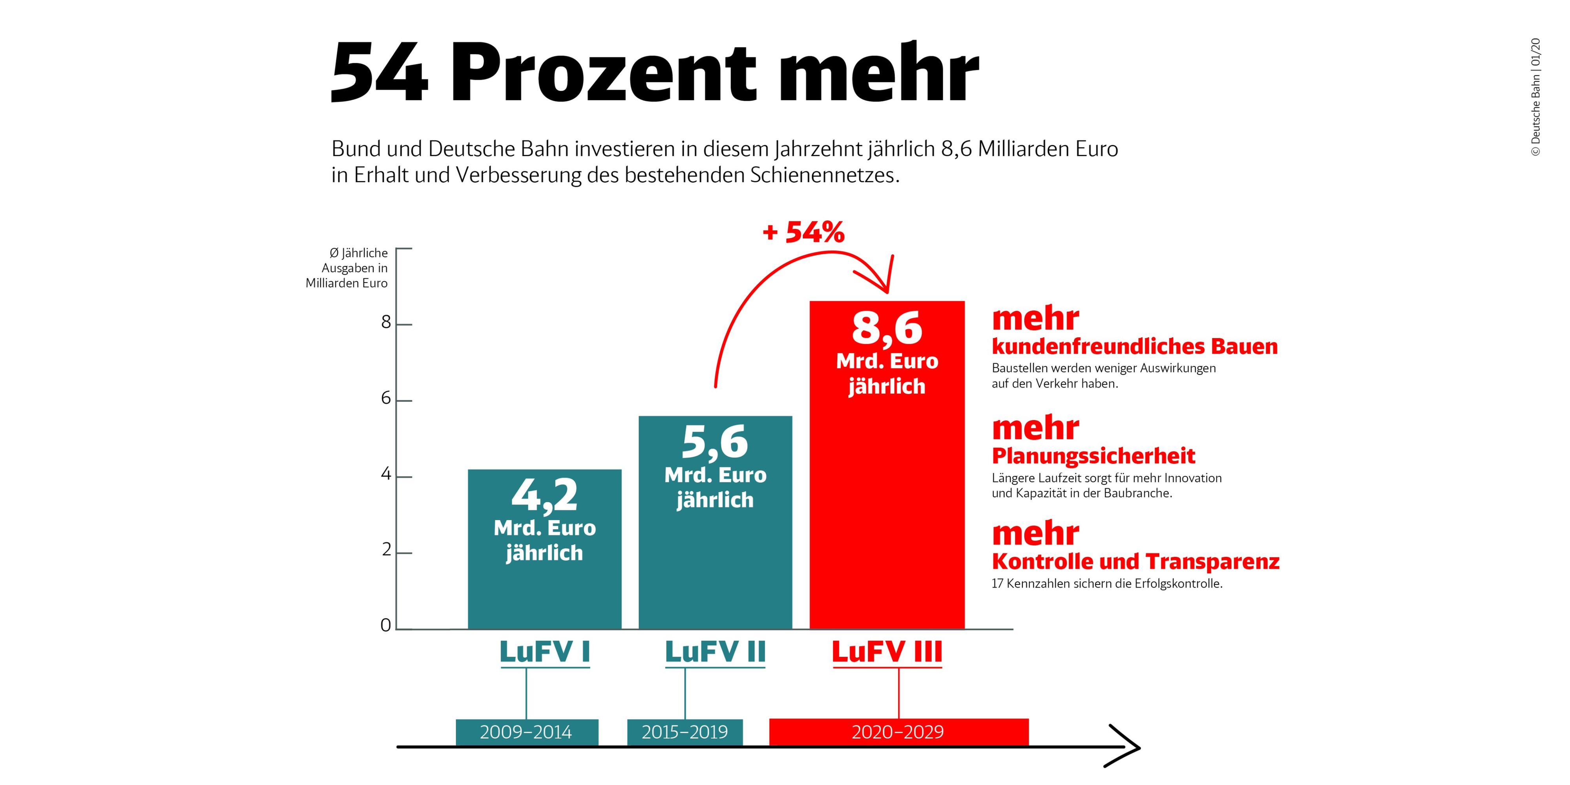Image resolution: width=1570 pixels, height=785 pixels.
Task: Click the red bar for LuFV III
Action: [887, 487]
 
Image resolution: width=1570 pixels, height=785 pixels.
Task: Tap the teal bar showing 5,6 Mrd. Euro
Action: [715, 549]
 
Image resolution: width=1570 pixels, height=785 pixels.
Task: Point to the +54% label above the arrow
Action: [803, 232]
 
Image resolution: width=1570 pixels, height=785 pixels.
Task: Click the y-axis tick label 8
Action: [386, 322]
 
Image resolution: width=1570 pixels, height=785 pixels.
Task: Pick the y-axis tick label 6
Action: [386, 399]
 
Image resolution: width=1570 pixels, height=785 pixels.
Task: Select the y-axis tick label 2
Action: [386, 550]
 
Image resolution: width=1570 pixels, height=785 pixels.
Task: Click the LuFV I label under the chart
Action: [545, 652]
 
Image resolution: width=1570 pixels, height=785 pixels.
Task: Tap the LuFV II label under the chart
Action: [715, 652]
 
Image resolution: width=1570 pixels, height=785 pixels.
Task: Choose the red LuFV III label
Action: [887, 652]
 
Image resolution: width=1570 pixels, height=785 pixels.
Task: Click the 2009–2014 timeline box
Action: [527, 732]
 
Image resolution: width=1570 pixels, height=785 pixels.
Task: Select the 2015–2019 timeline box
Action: [685, 732]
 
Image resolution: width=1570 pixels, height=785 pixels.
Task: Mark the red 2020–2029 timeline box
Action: [898, 732]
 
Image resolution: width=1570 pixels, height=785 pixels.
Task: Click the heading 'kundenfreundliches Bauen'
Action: [1134, 346]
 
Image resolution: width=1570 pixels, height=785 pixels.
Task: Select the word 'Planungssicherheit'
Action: [1094, 456]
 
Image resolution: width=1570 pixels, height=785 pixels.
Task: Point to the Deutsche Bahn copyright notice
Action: [1535, 97]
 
